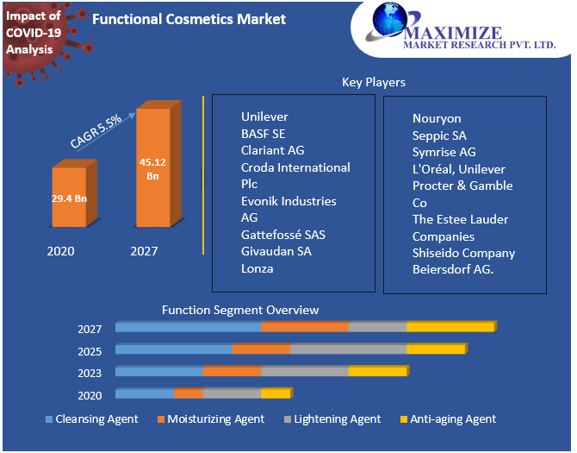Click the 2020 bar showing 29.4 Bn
pos(69,198)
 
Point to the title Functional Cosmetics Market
pos(189,19)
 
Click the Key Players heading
pos(374,82)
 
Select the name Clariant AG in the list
pos(272,150)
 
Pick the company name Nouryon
pos(437,118)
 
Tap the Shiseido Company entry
pos(463,253)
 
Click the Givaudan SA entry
pos(276,251)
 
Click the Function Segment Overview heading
pos(240,310)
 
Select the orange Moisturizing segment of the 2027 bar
pos(305,328)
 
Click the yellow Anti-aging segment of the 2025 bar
pos(435,349)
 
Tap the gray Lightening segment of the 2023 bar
pos(305,372)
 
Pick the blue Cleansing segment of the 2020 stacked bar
pos(144,393)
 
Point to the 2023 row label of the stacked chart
pos(90,373)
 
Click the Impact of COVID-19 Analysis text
pos(33,33)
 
